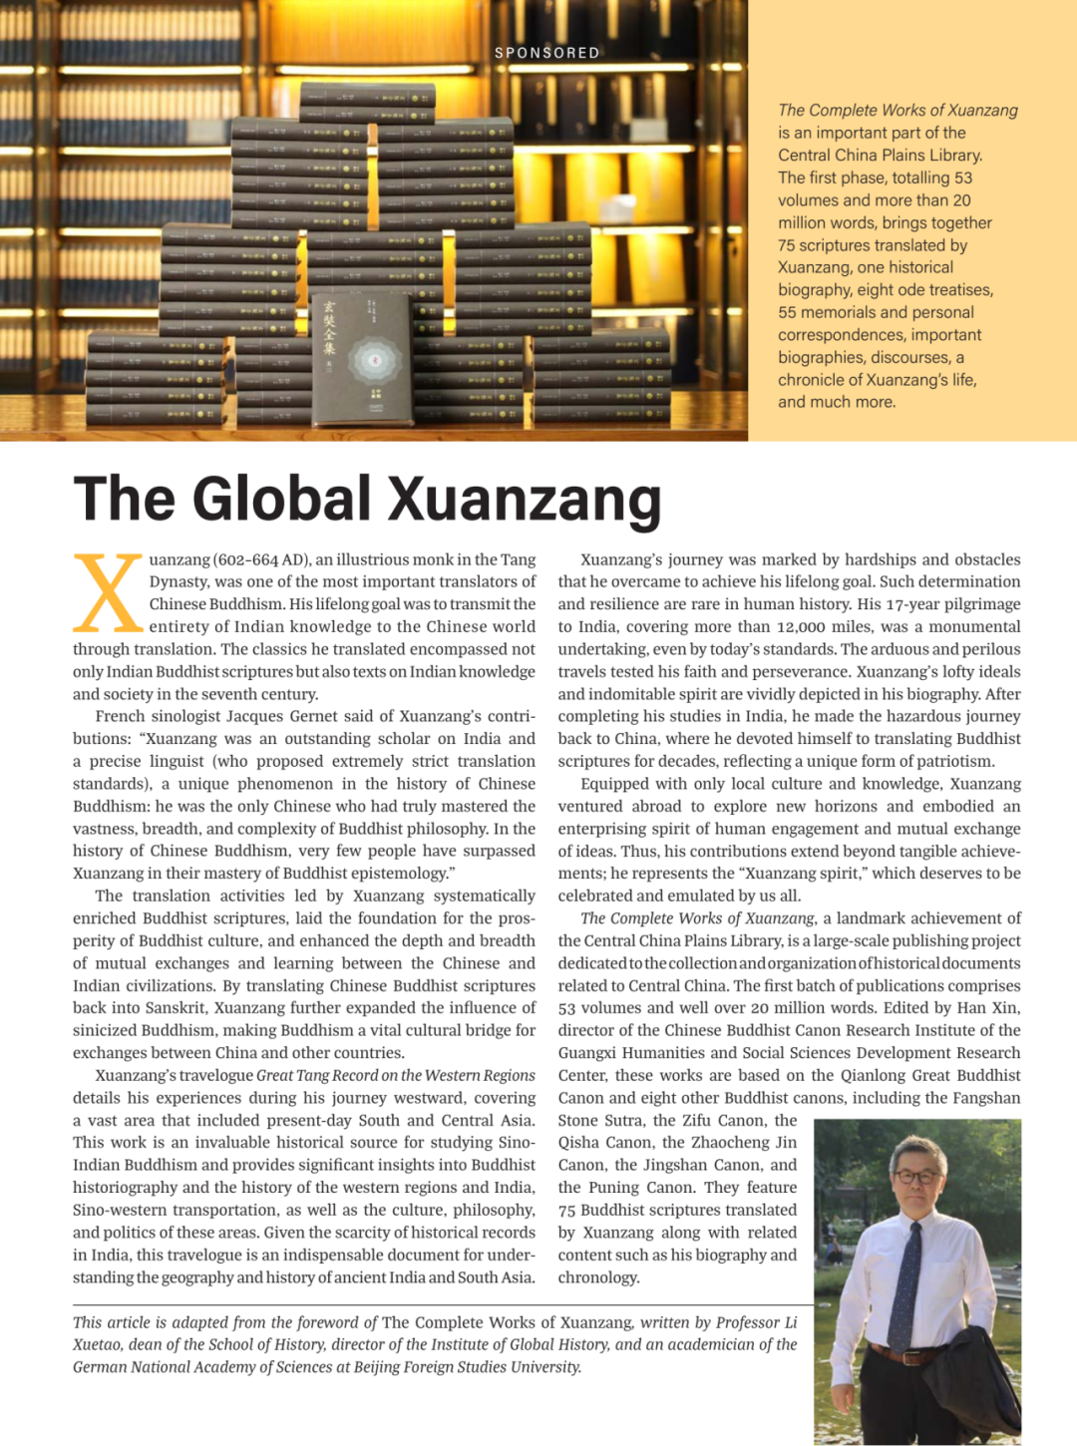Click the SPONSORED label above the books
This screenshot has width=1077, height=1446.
547,53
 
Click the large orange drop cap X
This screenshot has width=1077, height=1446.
108,594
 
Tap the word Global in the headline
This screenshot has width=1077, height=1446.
281,499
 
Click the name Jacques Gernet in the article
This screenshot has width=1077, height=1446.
321,716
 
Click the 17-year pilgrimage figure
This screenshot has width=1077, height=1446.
904,604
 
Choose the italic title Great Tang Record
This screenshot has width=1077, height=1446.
314,1075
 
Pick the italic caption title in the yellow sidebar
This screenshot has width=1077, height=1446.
897,110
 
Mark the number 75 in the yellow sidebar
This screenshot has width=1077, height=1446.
787,245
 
